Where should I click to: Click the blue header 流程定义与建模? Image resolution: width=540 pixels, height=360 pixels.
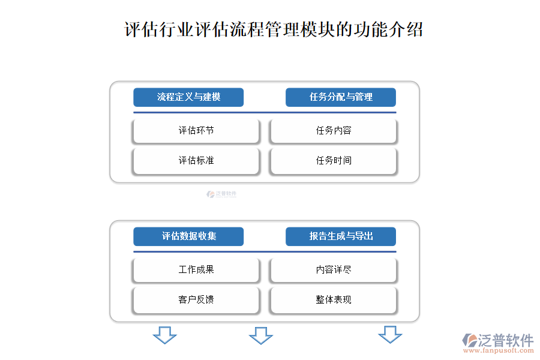(188, 97)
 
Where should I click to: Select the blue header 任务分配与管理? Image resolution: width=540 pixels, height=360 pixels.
(341, 97)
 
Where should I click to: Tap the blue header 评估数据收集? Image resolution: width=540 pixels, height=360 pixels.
(188, 236)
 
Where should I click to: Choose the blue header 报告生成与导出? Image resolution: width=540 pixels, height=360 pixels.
(341, 236)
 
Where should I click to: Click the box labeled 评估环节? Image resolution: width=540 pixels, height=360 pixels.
(196, 131)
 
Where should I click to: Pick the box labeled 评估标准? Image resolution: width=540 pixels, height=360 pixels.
(196, 161)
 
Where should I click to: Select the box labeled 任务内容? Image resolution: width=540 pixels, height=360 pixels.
(334, 131)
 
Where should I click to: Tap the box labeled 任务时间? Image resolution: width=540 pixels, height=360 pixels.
(334, 161)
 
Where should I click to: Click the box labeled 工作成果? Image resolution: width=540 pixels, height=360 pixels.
(196, 270)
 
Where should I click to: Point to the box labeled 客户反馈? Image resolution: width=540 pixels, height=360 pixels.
(196, 300)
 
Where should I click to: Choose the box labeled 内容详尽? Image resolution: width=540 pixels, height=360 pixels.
(334, 270)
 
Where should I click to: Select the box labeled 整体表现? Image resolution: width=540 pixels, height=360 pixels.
(334, 300)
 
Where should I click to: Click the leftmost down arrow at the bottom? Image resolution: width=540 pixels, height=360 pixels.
(165, 335)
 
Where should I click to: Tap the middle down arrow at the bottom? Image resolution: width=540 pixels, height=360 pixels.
(261, 336)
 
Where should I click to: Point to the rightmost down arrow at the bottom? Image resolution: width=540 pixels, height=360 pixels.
(390, 335)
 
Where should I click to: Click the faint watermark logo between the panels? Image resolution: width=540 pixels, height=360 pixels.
(221, 194)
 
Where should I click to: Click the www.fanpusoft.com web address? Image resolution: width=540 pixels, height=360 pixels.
(499, 350)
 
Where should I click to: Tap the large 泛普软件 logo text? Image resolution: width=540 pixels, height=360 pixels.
(506, 340)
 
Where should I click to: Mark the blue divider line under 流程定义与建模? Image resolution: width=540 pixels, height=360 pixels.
(265, 113)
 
